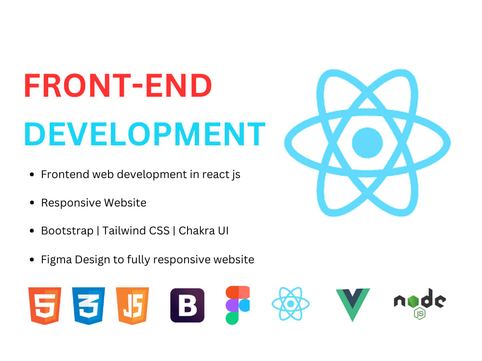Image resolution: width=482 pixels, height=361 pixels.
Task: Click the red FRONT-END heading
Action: (x=118, y=87)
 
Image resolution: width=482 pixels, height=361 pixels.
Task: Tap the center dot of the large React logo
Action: (x=367, y=142)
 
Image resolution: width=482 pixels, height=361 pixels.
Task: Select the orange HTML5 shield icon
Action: (x=45, y=305)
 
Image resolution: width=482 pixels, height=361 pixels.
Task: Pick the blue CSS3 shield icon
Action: (x=89, y=305)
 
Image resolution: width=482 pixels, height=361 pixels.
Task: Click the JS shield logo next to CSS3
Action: (x=133, y=305)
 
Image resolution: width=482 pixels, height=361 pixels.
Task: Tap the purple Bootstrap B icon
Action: (x=187, y=305)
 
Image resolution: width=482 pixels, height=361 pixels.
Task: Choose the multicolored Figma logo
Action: (x=238, y=305)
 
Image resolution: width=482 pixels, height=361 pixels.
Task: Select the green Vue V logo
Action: (x=353, y=304)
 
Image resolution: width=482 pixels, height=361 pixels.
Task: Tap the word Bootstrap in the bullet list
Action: (x=67, y=231)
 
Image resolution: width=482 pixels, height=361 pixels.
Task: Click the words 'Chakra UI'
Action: (x=203, y=231)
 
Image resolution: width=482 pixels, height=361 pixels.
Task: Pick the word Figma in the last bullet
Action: (x=56, y=259)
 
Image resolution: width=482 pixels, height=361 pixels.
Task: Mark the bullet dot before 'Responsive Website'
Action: (x=32, y=203)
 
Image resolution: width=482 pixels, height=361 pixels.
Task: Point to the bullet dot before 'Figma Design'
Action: (x=32, y=260)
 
